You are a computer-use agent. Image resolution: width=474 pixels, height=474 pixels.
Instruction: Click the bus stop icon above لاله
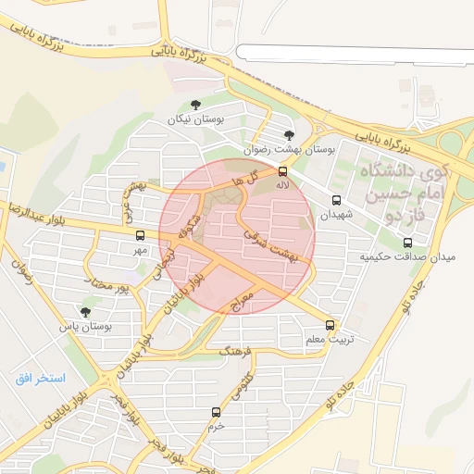pyautogui.click(x=282, y=170)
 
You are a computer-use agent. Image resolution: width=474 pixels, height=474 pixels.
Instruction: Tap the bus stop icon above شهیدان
pyautogui.click(x=335, y=199)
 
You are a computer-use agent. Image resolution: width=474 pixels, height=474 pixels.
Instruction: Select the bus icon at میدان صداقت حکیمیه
pyautogui.click(x=408, y=243)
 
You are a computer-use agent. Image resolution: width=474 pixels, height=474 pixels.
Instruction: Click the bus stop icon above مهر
pyautogui.click(x=140, y=235)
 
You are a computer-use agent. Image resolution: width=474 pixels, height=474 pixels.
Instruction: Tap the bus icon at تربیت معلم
pyautogui.click(x=331, y=325)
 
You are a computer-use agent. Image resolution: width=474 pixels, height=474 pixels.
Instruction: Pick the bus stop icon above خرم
pyautogui.click(x=216, y=412)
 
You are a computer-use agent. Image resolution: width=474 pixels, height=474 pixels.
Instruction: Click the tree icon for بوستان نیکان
pyautogui.click(x=194, y=106)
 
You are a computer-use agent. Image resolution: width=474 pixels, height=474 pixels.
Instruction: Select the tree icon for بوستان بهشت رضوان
pyautogui.click(x=290, y=135)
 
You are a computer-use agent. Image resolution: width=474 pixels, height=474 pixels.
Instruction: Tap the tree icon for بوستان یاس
pyautogui.click(x=86, y=312)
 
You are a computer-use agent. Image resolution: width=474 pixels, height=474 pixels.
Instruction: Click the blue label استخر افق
pyautogui.click(x=41, y=379)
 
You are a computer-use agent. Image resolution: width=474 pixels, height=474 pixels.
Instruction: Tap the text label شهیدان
pyautogui.click(x=336, y=214)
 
